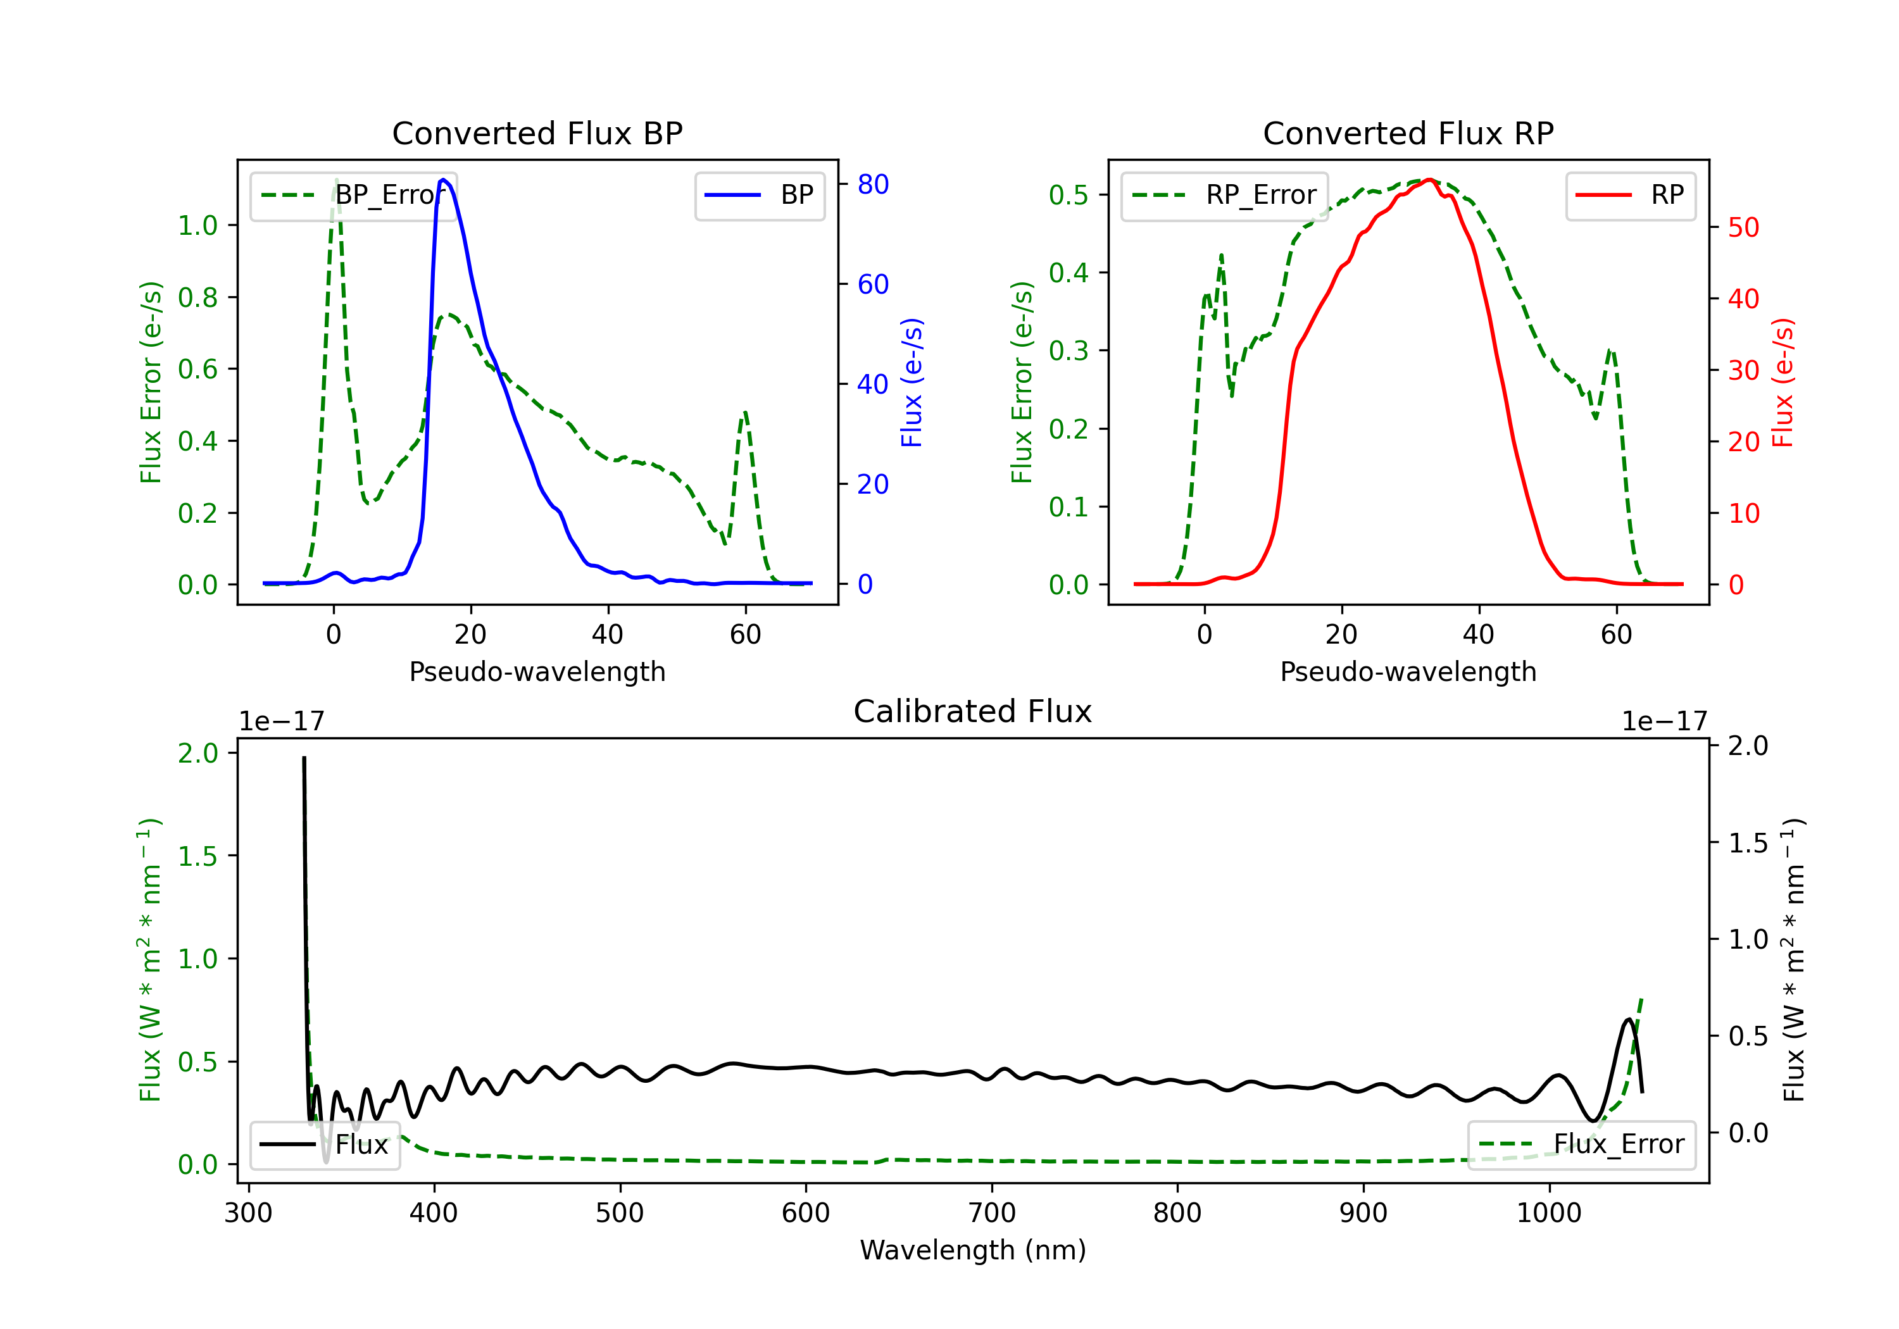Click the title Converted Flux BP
tap(537, 133)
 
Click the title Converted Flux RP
tap(1408, 133)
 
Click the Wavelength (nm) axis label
tap(973, 1250)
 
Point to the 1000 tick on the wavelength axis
tap(1548, 1213)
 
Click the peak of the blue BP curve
tap(444, 180)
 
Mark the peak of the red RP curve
tap(1430, 180)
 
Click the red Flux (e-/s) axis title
tap(1783, 382)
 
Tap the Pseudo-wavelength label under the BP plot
tap(537, 671)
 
